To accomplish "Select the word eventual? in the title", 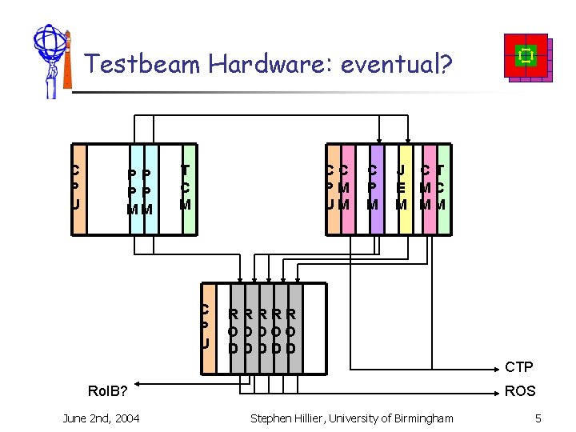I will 397,63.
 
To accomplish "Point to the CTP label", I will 518,367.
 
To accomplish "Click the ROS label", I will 520,391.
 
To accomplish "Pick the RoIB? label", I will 107,391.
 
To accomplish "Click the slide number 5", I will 538,418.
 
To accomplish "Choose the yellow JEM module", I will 403,189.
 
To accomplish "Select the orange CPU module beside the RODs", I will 206,328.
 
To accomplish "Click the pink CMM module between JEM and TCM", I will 426,189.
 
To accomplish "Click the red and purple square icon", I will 526,58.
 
